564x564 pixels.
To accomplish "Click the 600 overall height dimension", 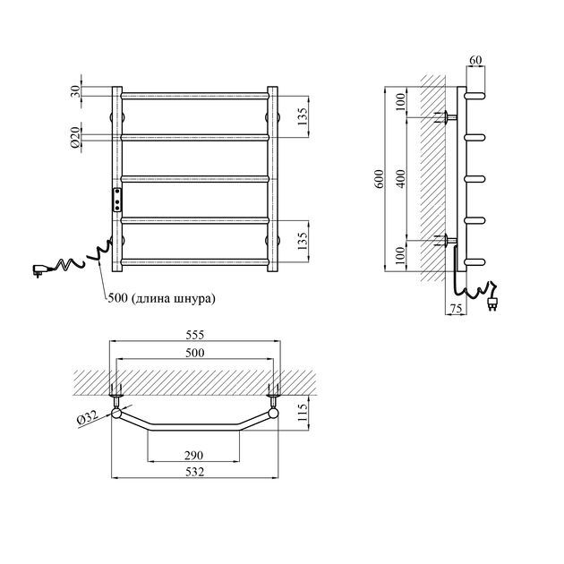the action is coord(380,179).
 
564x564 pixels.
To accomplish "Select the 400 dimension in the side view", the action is coord(401,179).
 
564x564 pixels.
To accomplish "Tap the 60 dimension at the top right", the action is coord(475,60).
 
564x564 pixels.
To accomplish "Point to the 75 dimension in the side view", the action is coord(456,309).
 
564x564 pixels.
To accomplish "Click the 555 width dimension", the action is coord(194,335).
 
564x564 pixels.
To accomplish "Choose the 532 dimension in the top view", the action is coord(194,472).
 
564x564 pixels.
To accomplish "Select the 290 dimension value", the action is coord(194,456).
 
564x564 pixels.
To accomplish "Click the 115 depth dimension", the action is coord(303,412).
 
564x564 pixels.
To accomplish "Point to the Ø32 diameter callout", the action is coord(87,417).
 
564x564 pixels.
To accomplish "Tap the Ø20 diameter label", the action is coord(75,137).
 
